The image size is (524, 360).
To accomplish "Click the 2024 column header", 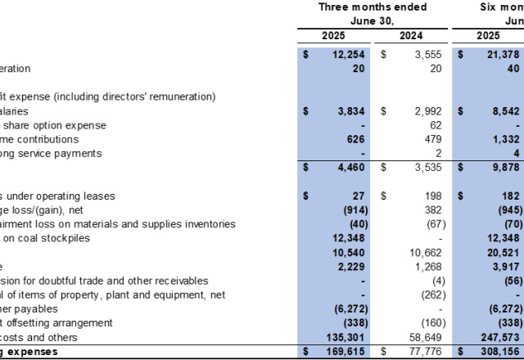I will point(411,35).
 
